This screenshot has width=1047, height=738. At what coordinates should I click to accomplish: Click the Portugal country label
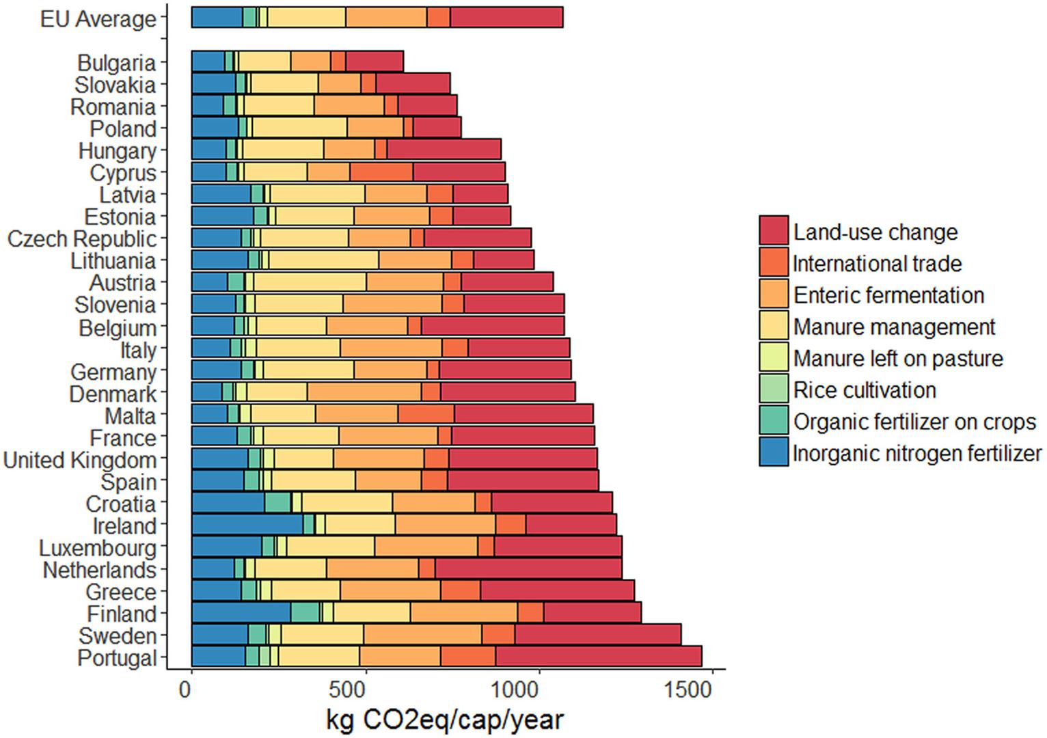coord(117,658)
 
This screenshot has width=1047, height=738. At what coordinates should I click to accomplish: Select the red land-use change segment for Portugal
coord(599,657)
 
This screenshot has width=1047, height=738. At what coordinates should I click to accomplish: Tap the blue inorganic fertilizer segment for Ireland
coord(247,525)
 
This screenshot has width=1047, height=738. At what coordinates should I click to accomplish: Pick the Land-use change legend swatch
coord(774,230)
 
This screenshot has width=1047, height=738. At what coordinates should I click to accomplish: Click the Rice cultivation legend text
coord(865,390)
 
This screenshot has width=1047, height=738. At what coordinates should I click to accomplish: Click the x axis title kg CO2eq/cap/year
coord(444,720)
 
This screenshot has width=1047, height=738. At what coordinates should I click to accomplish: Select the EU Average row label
coord(98,19)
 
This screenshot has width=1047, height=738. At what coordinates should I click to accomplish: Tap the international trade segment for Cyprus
coord(381,172)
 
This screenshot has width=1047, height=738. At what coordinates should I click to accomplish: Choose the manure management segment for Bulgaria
coord(264,61)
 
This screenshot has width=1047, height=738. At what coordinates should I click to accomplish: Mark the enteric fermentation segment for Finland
coord(464,613)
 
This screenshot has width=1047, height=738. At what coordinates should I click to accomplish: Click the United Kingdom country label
coord(80,460)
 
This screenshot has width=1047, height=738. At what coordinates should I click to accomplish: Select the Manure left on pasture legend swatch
coord(774,358)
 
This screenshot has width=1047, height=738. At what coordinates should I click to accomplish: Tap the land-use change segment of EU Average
coord(506,17)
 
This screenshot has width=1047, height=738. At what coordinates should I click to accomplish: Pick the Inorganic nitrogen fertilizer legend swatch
coord(774,452)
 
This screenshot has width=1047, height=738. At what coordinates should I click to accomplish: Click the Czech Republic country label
coord(82,239)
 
